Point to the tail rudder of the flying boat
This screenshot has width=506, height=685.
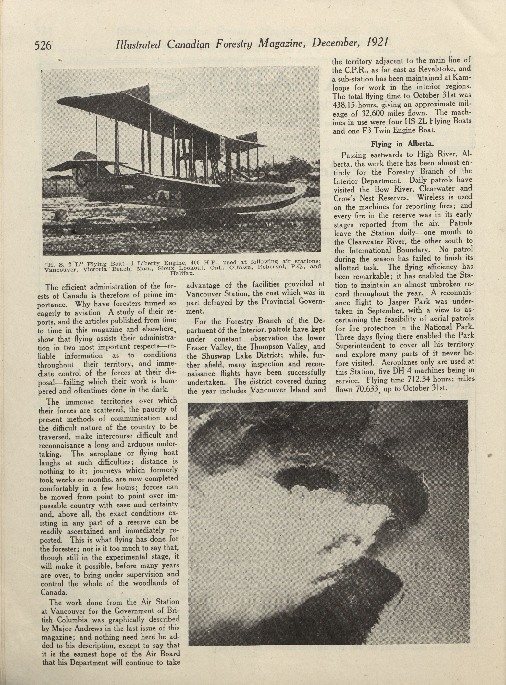[80, 172]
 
